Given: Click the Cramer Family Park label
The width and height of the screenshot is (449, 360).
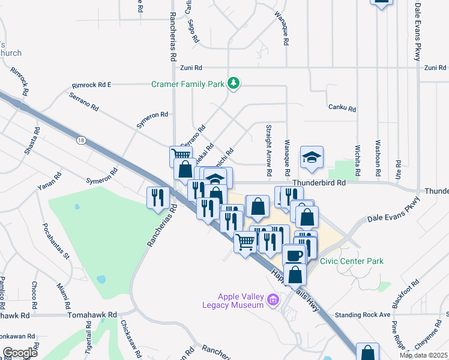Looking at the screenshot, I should [187, 84].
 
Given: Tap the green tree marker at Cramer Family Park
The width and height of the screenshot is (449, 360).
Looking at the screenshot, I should [234, 83].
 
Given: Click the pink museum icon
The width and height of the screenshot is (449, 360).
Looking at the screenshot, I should [274, 299].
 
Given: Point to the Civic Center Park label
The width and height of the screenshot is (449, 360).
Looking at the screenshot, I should [352, 261].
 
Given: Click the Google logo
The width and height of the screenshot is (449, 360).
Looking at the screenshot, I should [20, 352].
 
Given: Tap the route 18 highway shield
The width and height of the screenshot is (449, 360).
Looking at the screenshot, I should [81, 140].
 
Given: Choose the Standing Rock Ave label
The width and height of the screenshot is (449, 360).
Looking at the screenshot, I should [363, 314].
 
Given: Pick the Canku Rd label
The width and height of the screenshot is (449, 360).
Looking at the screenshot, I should [342, 109].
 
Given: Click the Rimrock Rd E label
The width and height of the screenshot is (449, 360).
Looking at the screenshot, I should [91, 85].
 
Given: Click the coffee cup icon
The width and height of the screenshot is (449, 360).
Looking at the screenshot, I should [294, 254].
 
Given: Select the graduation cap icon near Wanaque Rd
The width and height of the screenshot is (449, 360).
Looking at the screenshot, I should [312, 157].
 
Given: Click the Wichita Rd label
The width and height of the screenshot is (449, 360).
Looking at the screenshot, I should [357, 159].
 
